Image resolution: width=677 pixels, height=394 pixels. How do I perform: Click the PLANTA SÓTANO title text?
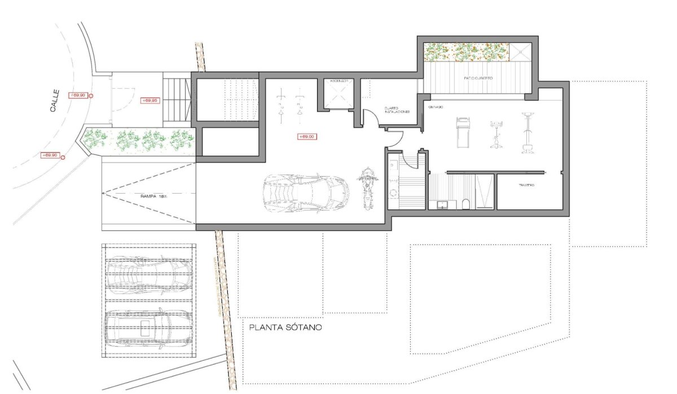pyautogui.click(x=285, y=327)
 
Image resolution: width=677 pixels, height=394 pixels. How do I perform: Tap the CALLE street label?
pyautogui.click(x=54, y=103)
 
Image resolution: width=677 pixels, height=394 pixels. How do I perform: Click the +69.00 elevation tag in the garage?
pyautogui.click(x=307, y=137)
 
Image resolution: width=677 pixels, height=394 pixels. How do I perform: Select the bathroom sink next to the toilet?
pyautogui.click(x=443, y=204)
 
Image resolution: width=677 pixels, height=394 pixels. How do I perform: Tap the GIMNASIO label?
pyautogui.click(x=435, y=106)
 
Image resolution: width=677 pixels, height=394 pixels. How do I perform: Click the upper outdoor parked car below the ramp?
pyautogui.click(x=148, y=273)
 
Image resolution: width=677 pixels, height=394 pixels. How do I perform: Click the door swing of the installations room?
pyautogui.click(x=370, y=117)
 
